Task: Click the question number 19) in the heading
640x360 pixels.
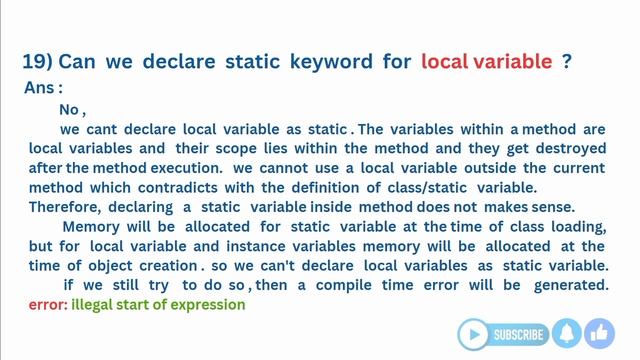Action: (x=37, y=62)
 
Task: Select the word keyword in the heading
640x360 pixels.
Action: (x=330, y=62)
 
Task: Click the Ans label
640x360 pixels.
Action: (x=42, y=88)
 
